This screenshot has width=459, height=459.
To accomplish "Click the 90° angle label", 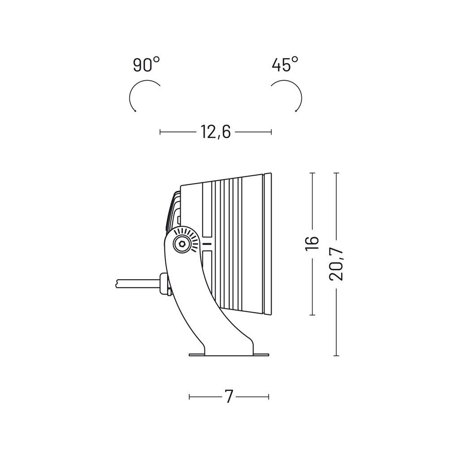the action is pos(147,65).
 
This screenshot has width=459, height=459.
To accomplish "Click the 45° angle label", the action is pos(285,65).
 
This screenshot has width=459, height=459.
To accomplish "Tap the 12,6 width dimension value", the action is pos(216,132).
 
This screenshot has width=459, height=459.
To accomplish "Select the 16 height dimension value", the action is pos(312,242).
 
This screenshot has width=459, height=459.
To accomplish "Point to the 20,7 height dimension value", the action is pos(336,264).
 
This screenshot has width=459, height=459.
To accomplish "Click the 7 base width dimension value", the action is pos(229,397).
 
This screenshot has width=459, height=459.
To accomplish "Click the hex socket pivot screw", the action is pos(182,243).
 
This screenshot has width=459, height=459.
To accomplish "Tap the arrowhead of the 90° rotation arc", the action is pos(134,110).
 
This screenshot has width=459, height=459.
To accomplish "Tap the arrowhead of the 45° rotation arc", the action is pos(296,110).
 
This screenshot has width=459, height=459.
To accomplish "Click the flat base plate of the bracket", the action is pos(229,355).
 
